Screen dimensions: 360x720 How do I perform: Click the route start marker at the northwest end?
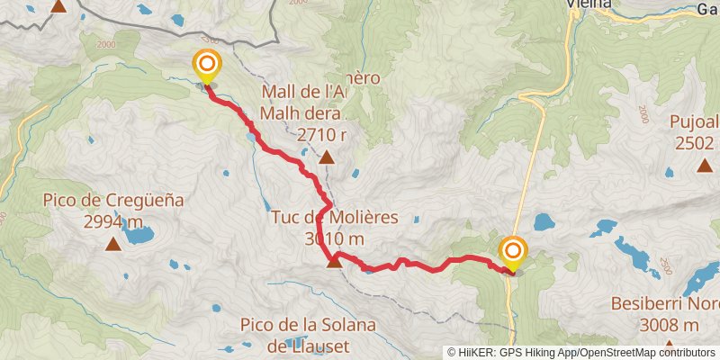tap(207, 65)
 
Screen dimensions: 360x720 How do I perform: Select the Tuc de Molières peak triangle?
tap(334, 261)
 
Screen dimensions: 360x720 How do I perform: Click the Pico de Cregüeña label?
tap(112, 201)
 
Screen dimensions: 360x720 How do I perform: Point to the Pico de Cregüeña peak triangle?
tap(113, 243)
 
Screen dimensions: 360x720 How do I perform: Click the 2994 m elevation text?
tap(113, 221)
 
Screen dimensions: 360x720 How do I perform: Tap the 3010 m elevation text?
tap(334, 239)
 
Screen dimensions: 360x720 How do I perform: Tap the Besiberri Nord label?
tap(666, 305)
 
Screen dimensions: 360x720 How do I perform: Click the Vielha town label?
tap(589, 4)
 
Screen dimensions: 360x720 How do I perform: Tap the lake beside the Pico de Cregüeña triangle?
tap(138, 236)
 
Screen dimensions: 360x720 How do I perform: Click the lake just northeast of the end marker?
tap(544, 221)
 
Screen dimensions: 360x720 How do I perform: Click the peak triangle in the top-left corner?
tap(59, 5)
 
